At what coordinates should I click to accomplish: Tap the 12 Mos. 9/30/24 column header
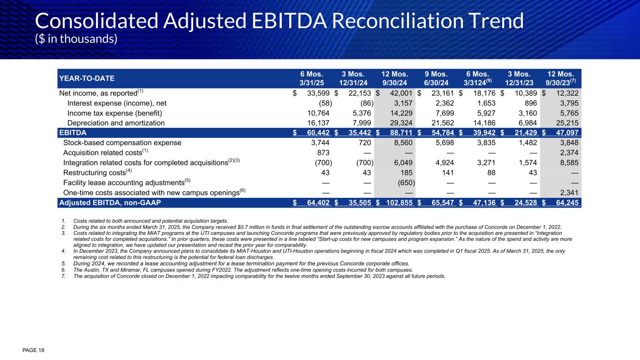395,78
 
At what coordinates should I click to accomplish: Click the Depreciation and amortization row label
116,123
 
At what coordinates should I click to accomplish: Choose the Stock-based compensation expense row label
122,142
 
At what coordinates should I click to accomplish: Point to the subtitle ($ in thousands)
76,38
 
